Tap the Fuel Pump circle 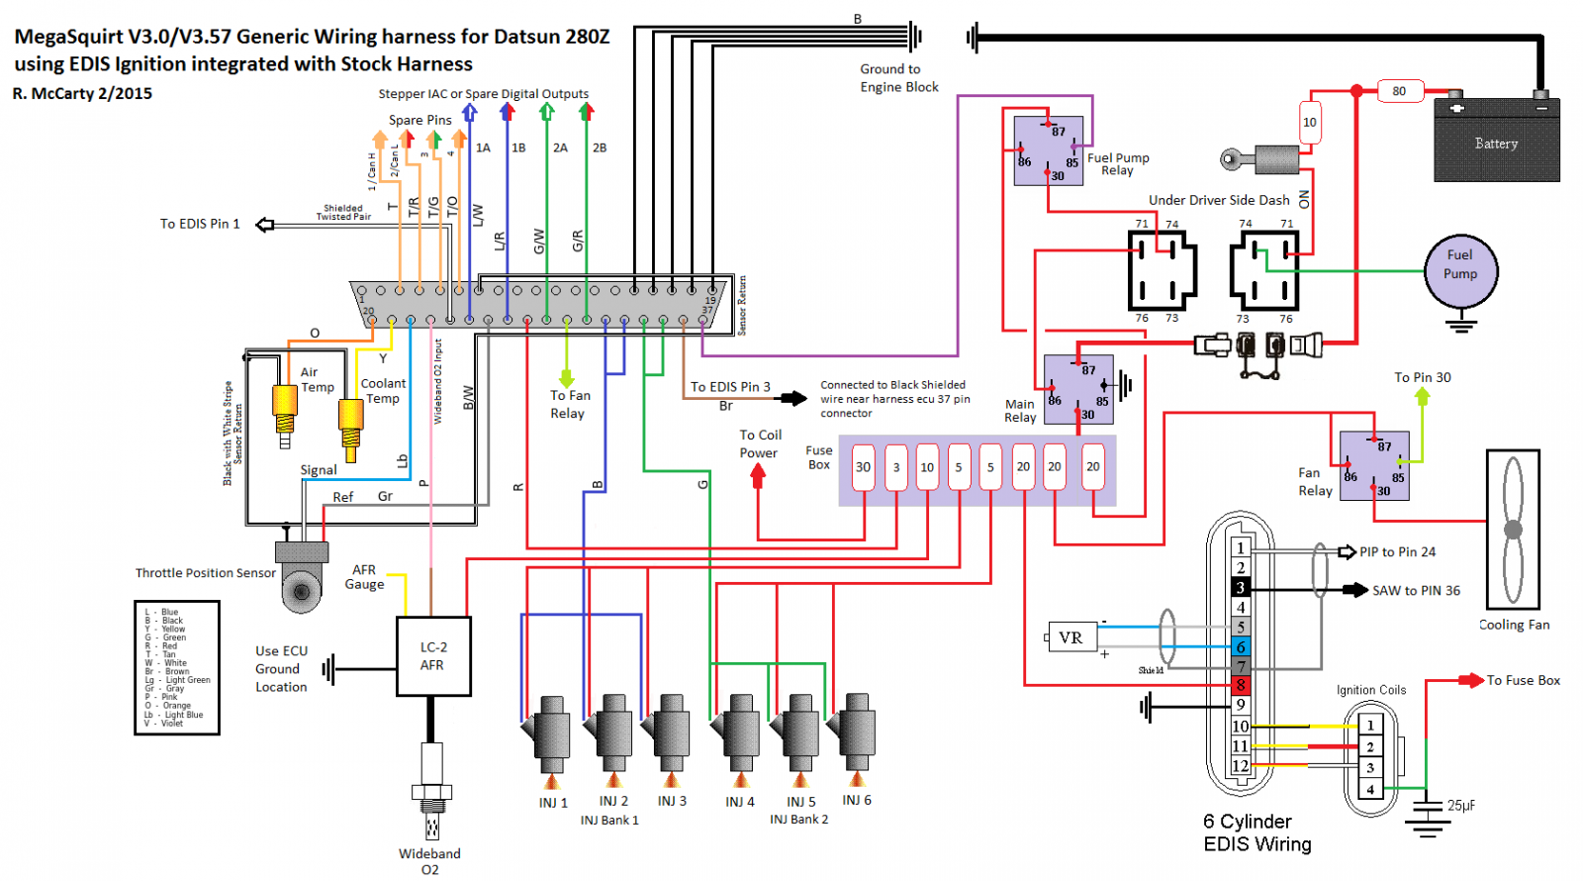(x=1460, y=269)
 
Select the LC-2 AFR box (x=433, y=656)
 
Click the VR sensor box (x=1071, y=637)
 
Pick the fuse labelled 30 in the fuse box (x=864, y=467)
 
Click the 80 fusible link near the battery (x=1399, y=91)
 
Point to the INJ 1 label (x=553, y=803)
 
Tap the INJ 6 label (x=857, y=800)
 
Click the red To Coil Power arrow (x=758, y=476)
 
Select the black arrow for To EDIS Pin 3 (x=792, y=399)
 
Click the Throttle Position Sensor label (x=206, y=573)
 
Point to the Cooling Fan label (x=1514, y=625)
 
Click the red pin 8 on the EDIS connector (x=1241, y=685)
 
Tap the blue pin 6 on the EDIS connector (x=1241, y=646)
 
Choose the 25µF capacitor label (x=1460, y=806)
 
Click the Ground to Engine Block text (x=898, y=78)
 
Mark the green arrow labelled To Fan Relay (x=567, y=378)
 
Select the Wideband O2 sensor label (x=429, y=861)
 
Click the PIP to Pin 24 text (x=1397, y=552)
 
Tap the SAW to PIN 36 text (x=1416, y=591)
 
